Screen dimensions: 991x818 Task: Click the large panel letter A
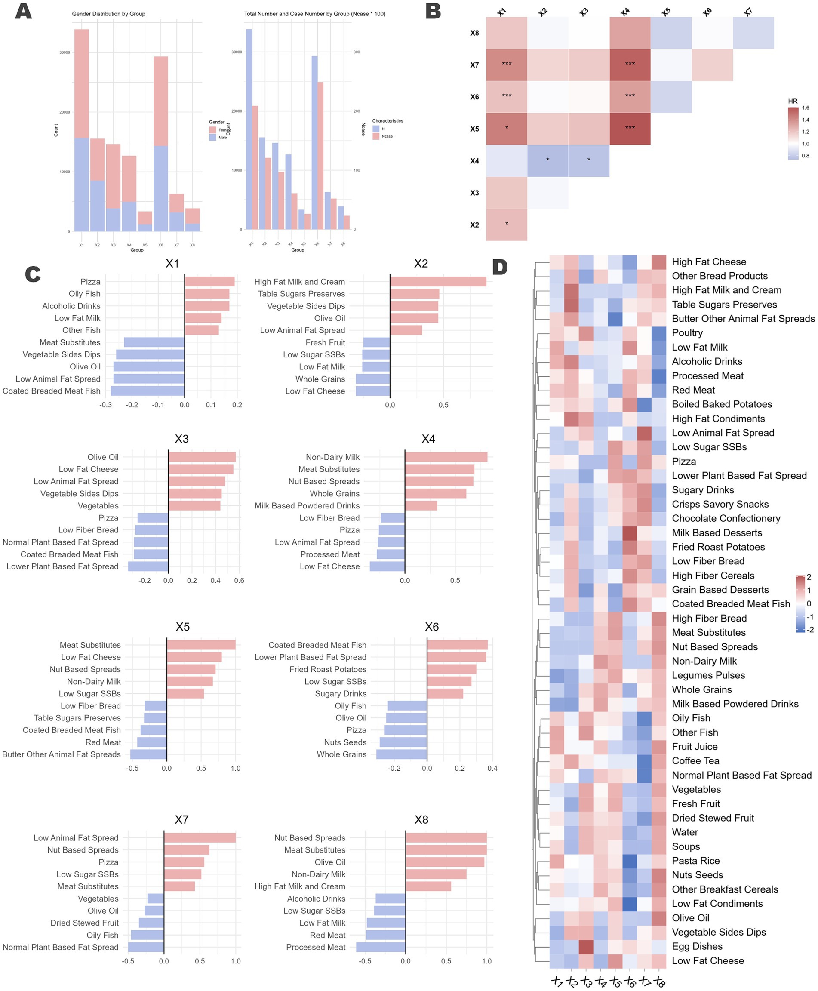tap(23, 11)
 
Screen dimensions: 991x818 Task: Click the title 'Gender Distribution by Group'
tap(108, 14)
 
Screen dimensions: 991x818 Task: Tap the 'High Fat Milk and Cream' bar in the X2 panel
tap(438, 281)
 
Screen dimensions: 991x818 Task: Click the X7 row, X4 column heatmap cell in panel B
tap(630, 65)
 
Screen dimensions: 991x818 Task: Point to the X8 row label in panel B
tap(474, 33)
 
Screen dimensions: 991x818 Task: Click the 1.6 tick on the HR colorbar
tap(805, 108)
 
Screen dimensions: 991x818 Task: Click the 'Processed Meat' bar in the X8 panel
tap(381, 947)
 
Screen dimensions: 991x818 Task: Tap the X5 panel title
tap(182, 627)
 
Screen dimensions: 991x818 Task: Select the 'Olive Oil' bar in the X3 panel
tap(202, 457)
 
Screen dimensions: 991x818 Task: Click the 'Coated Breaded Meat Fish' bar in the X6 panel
tap(457, 645)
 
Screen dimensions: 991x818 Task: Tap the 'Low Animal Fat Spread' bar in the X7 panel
tap(200, 837)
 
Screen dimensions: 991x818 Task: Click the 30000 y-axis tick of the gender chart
tap(65, 52)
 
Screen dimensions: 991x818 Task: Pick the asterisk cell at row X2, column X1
tap(507, 224)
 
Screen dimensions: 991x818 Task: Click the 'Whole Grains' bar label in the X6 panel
tap(341, 754)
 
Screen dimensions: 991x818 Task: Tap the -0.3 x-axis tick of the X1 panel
tap(105, 405)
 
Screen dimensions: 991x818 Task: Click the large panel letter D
tap(499, 267)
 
